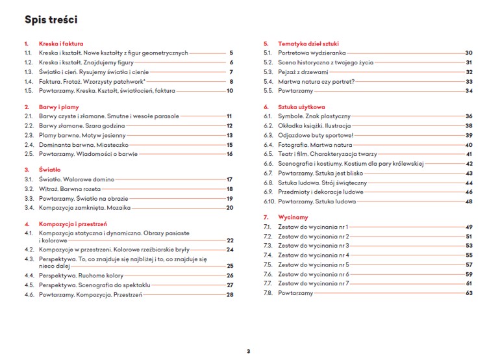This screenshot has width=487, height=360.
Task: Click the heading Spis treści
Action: [x=51, y=19]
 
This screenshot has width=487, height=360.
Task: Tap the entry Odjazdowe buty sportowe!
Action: [x=315, y=135]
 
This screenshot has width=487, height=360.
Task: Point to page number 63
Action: [x=469, y=293]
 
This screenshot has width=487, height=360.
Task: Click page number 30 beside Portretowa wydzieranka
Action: [x=469, y=53]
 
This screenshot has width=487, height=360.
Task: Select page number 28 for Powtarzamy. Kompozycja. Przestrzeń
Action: [x=229, y=294]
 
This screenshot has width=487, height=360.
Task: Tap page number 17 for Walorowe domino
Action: [x=229, y=179]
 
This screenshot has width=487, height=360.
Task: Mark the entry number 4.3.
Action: [x=29, y=259]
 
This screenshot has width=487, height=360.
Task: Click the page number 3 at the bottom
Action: [x=248, y=352]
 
